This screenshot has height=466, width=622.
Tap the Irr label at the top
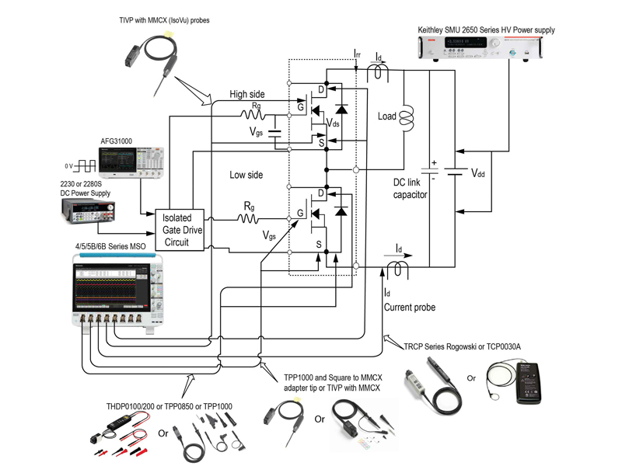(356, 54)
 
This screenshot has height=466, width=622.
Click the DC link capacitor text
(410, 190)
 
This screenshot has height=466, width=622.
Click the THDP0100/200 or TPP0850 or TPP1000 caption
(168, 406)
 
